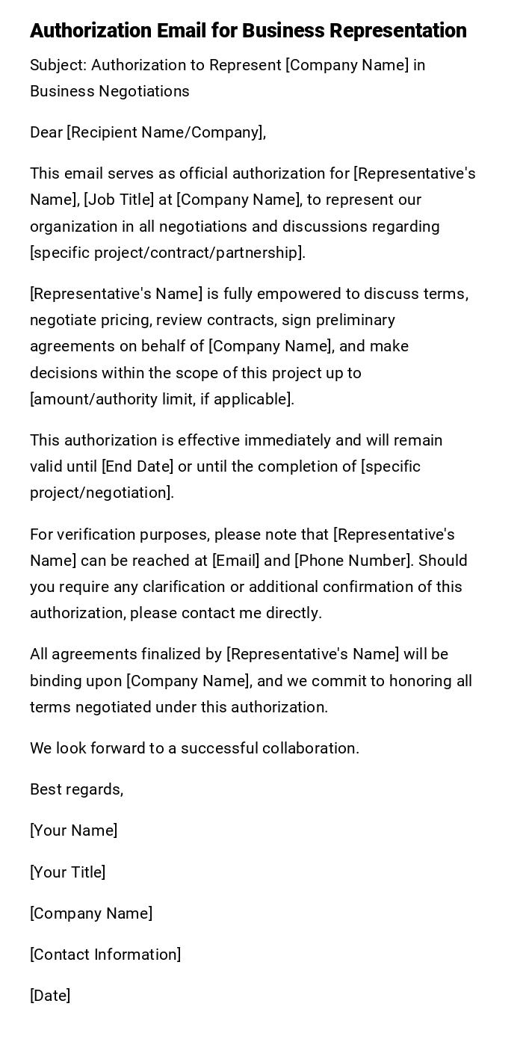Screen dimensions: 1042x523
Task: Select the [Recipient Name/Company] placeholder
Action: coord(165,132)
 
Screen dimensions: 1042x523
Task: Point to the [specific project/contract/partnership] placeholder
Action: coord(167,253)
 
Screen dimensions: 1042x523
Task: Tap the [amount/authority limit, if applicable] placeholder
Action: coord(161,399)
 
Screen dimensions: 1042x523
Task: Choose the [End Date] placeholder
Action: coord(137,466)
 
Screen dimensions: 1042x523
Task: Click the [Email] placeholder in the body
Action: coord(237,561)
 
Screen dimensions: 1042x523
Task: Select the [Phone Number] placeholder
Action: coord(353,561)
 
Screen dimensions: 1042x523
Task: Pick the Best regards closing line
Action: coord(76,789)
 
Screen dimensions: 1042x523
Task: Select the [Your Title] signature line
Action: coord(67,872)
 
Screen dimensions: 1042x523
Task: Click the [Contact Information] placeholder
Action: coord(105,955)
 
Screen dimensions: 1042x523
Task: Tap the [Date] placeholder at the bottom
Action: coord(50,996)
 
